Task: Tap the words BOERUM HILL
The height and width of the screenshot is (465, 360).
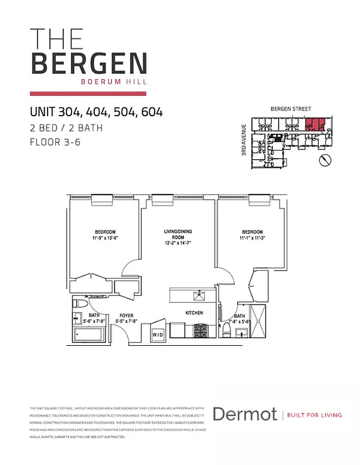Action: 116,81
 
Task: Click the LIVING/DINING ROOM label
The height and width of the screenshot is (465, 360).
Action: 178,234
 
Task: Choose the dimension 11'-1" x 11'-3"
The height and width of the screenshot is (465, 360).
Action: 252,238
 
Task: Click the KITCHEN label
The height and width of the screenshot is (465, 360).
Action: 194,313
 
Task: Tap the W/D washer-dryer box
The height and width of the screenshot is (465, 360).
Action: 158,335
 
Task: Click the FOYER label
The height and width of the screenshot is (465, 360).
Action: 126,315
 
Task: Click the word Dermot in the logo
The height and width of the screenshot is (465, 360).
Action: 244,414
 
